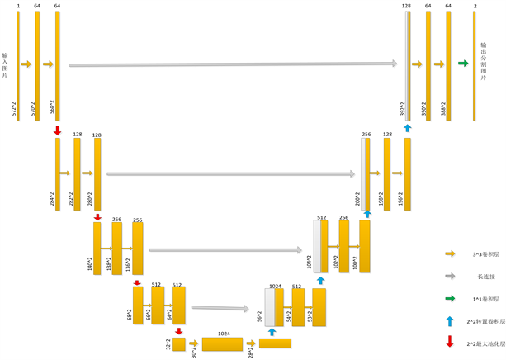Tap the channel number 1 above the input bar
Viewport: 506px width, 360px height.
(x=18, y=6)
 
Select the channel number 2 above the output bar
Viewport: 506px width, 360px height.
(x=475, y=6)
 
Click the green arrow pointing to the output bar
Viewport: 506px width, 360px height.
(x=463, y=64)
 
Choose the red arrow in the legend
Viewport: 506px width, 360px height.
(x=450, y=342)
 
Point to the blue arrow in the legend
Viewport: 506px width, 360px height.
(x=450, y=320)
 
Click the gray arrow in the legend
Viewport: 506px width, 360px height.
(x=450, y=276)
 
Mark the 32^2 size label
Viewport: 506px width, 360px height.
(x=168, y=343)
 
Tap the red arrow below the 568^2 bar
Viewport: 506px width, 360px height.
(x=57, y=130)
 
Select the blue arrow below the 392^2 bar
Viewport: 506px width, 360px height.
(x=407, y=127)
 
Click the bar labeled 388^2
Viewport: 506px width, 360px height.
(x=448, y=65)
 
